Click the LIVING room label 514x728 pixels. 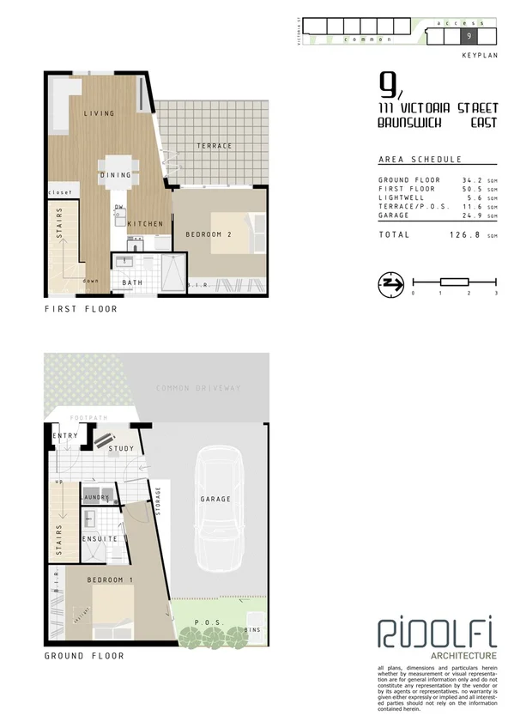click(100, 113)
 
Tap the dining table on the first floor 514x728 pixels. click(116, 167)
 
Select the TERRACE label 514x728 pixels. click(214, 146)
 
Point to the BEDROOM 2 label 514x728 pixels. click(209, 234)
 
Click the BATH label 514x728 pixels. click(132, 282)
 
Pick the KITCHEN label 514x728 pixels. click(145, 224)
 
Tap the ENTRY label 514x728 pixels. click(65, 436)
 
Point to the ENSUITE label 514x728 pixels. click(100, 539)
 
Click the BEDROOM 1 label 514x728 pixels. click(110, 581)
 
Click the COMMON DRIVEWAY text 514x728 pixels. click(198, 388)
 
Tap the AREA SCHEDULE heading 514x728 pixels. click(420, 160)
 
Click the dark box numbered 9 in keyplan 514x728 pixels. click(469, 36)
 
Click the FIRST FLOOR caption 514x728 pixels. click(81, 309)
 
